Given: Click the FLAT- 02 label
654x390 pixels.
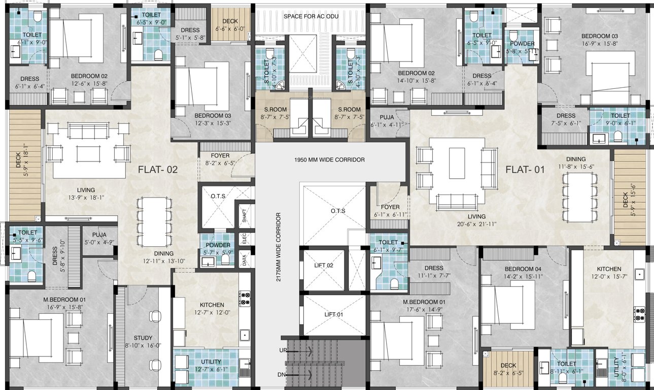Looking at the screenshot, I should pos(158,170).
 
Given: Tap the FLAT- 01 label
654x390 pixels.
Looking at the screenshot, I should pos(525,170).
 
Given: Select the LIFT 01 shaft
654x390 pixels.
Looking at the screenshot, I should pos(334,315).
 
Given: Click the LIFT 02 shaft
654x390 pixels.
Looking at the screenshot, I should pos(323,266).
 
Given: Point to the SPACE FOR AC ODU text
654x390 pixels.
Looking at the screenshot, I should pos(311,16).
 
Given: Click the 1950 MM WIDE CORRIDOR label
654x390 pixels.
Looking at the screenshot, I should pos(329,159).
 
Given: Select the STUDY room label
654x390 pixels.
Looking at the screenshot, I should pos(143,338).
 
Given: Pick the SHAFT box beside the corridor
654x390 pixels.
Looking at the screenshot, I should pos(245,218).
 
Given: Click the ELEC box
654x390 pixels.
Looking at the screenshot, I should pos(245,239).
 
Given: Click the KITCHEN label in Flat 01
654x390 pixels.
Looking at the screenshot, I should pos(609,269).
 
